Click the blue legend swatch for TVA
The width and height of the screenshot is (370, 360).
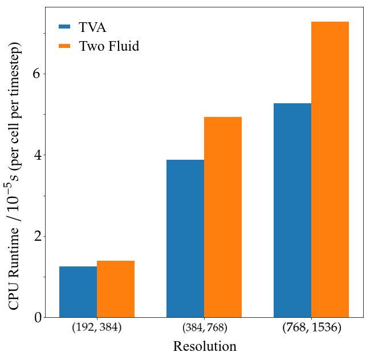click(64, 27)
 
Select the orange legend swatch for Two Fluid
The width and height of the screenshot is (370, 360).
click(64, 46)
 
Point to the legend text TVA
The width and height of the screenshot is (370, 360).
click(92, 27)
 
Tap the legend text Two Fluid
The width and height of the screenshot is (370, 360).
click(109, 46)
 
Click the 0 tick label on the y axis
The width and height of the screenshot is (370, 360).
click(38, 318)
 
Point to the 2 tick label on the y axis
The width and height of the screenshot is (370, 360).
click(38, 237)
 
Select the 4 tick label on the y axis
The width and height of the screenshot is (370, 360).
click(38, 155)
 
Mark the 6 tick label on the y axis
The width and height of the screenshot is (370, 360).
click(38, 74)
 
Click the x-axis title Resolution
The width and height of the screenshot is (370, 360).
click(205, 346)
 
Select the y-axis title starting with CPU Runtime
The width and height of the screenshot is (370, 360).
click(14, 176)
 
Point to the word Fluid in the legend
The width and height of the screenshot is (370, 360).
click(124, 46)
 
